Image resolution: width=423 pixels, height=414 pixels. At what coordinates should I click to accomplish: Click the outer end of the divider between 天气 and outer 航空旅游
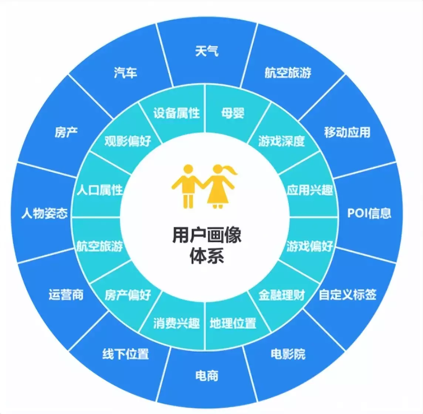tap(257, 24)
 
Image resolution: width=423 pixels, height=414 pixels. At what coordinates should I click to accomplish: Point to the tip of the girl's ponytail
tap(237, 173)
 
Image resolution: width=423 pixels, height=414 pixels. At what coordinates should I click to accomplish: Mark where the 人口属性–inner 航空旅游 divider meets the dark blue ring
tap(72, 217)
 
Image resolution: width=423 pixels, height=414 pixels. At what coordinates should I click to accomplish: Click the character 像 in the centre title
tap(232, 235)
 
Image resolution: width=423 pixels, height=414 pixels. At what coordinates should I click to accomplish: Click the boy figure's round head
tap(188, 170)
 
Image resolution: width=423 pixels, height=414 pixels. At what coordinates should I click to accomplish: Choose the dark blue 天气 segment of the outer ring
tap(207, 54)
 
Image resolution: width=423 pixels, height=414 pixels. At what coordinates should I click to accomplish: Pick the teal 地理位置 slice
tap(233, 321)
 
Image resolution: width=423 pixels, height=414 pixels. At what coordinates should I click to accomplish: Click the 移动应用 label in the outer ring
tap(347, 132)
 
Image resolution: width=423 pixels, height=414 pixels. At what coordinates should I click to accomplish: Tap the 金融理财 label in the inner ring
tap(282, 295)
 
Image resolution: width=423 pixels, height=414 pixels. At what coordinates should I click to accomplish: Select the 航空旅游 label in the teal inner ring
tap(100, 246)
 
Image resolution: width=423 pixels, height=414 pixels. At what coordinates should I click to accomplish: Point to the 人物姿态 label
tap(44, 213)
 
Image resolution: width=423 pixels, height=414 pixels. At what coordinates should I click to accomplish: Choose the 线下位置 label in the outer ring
tap(125, 354)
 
